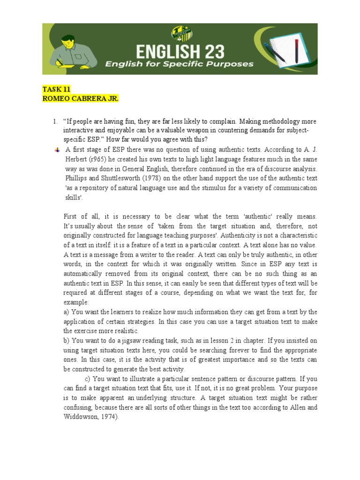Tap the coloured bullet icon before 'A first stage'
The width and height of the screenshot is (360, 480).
[57, 150]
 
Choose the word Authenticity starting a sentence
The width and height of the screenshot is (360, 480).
[239, 235]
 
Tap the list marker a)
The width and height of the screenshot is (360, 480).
[67, 312]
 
